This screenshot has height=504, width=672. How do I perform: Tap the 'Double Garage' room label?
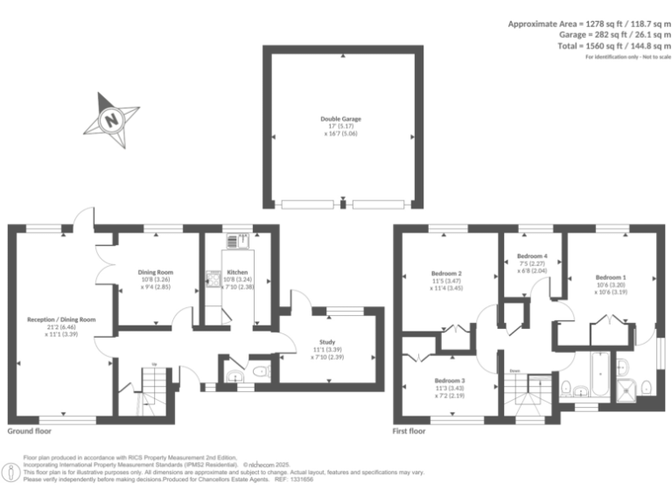(x=340, y=118)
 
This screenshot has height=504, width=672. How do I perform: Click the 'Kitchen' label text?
(x=237, y=272)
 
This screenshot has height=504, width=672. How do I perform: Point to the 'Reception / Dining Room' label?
(x=61, y=320)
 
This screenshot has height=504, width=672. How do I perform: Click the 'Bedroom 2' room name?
(x=447, y=273)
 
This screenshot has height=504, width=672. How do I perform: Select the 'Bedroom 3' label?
(x=451, y=381)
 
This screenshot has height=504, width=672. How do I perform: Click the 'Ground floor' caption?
(x=30, y=431)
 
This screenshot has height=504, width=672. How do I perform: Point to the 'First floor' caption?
(x=409, y=431)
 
